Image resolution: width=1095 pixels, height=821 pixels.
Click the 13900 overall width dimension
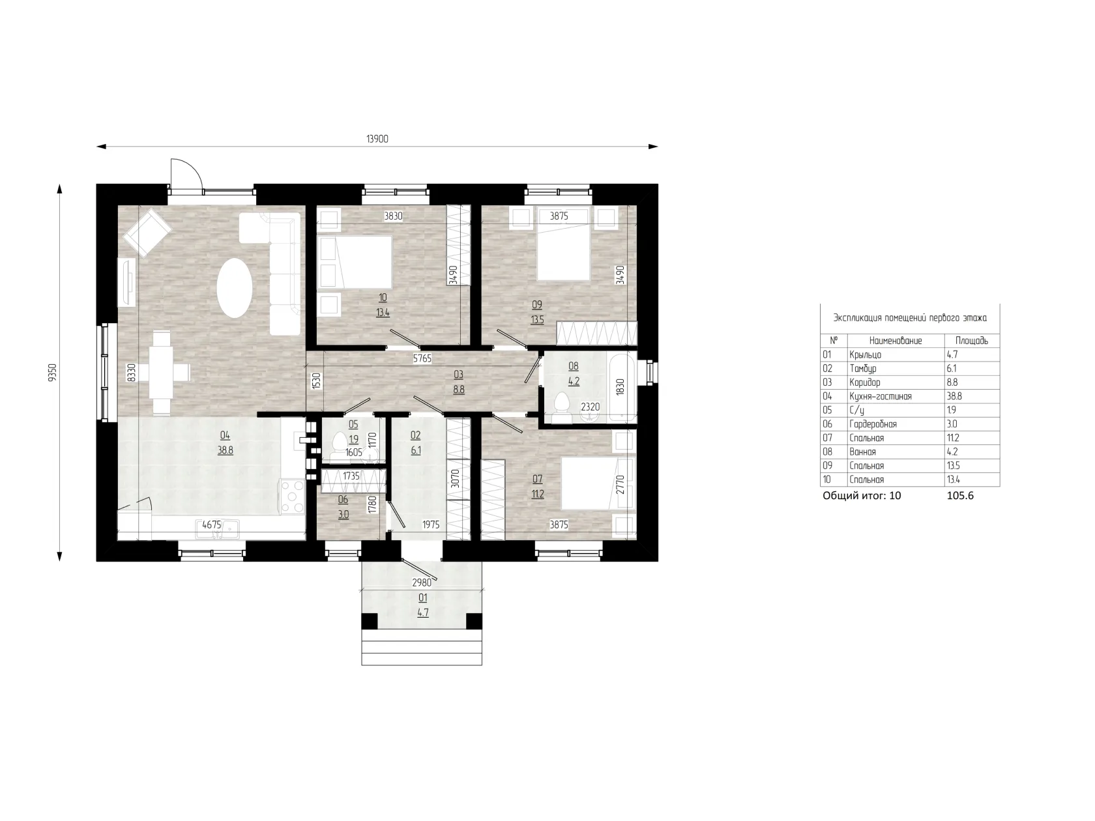(377, 139)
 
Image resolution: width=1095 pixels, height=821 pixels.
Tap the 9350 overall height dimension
(52, 372)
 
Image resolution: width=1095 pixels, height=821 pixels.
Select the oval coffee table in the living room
(235, 287)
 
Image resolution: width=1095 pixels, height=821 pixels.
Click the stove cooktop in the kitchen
(292, 496)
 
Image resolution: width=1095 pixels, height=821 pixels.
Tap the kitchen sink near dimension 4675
(218, 529)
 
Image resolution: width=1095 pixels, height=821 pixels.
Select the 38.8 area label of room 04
(225, 450)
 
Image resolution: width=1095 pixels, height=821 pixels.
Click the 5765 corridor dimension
(422, 358)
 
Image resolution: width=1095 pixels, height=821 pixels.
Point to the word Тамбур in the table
(862, 369)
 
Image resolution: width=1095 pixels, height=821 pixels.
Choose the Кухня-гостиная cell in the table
(880, 396)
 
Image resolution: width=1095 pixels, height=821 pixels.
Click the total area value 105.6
(960, 495)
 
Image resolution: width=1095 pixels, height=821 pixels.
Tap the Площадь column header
(971, 341)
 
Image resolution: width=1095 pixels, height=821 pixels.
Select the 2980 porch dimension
(422, 583)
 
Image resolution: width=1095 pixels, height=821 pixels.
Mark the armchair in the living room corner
(148, 233)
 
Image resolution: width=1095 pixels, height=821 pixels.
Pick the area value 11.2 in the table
(953, 438)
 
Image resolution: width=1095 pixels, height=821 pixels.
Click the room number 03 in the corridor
(458, 375)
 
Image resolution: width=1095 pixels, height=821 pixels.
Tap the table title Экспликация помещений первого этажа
(909, 318)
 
